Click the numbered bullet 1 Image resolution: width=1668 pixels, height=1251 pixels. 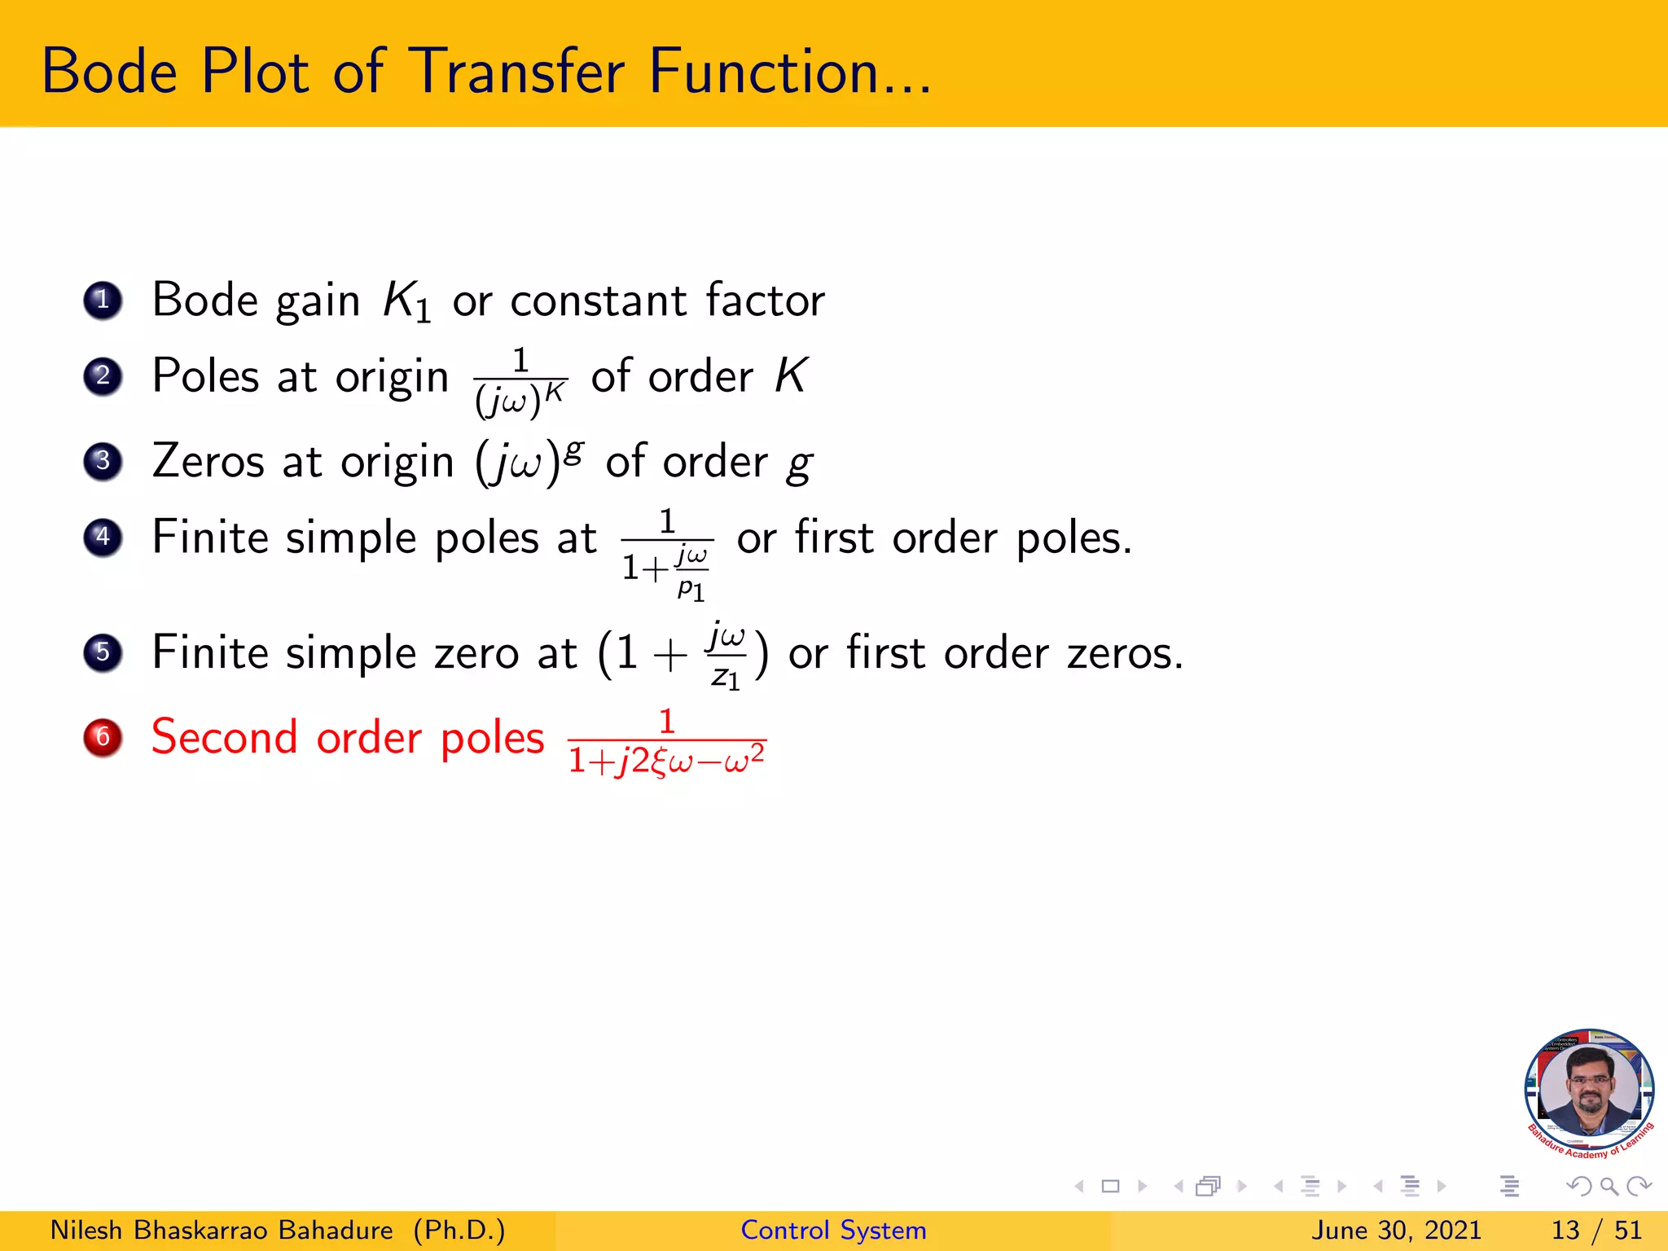coord(103,301)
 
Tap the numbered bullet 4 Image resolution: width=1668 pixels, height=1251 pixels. coord(103,538)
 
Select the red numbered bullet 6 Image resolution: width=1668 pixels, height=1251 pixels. coord(103,737)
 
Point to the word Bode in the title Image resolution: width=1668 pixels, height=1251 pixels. coord(109,72)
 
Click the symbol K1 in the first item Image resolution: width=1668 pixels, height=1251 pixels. coord(406,301)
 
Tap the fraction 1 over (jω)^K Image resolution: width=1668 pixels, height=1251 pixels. coord(520,381)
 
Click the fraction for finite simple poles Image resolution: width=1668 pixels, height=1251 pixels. coord(667,554)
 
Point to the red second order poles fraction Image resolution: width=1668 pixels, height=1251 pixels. coord(667,743)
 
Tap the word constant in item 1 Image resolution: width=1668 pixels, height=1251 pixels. coord(599,301)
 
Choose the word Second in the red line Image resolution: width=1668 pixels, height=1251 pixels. coord(225,737)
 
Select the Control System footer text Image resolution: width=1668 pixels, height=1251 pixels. coord(833,1230)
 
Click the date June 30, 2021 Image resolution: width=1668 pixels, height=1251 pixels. coord(1396,1230)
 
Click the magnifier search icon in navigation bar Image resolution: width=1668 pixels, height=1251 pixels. coord(1609,1186)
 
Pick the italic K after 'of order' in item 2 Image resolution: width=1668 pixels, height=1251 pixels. coord(790,376)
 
